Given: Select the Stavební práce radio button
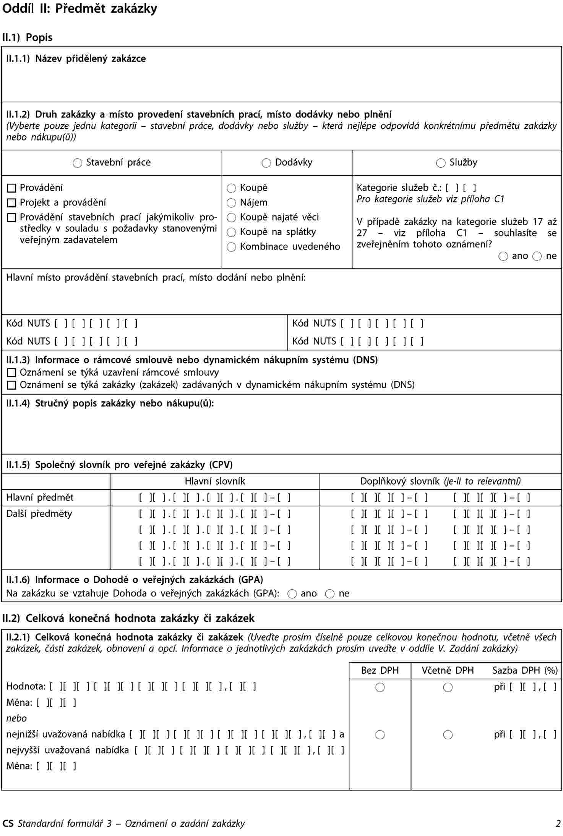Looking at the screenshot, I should (77, 163).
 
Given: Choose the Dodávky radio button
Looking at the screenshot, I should (266, 163).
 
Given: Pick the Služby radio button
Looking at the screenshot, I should (441, 163).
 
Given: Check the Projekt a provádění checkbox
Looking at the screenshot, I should (12, 203).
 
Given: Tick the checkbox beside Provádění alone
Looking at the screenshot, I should (12, 188).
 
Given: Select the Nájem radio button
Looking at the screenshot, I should (231, 203).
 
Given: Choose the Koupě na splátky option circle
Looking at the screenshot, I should (231, 232).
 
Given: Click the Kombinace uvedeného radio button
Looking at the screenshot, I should (231, 247).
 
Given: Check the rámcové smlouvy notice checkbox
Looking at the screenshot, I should (12, 373).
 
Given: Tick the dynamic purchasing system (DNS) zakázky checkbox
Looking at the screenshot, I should (12, 385).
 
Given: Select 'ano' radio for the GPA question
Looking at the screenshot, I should (292, 594).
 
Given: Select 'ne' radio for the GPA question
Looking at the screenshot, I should (329, 594).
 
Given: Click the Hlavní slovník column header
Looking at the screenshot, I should (215, 481).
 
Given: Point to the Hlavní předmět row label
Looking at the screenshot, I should (40, 498).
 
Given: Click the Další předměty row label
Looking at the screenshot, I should (39, 514).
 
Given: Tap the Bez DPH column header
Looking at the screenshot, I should (380, 670).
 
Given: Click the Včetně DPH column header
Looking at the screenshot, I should (448, 670).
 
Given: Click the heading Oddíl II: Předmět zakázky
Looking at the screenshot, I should (80, 8).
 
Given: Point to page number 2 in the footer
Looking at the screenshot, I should (558, 824).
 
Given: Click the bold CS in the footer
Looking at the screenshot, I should (8, 824).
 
